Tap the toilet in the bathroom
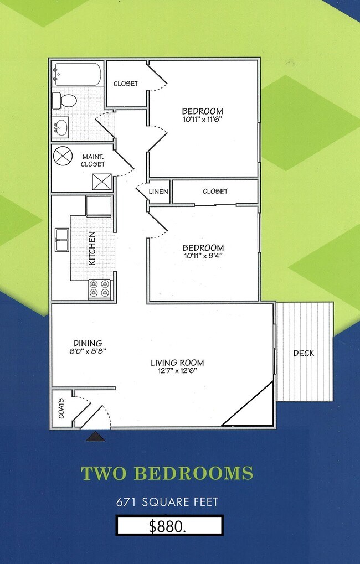pos(66,101)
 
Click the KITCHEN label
pos(92,248)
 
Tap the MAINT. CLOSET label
pos(93,161)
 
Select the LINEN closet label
pos(158,192)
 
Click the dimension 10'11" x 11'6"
pos(202,119)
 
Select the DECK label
pos(304,354)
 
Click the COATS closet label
pos(61,409)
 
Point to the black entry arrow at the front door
pos(96,437)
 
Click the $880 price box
pos(169,526)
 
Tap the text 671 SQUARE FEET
pos(167,503)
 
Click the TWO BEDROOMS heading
pos(167,474)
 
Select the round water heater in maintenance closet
pos(63,155)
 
